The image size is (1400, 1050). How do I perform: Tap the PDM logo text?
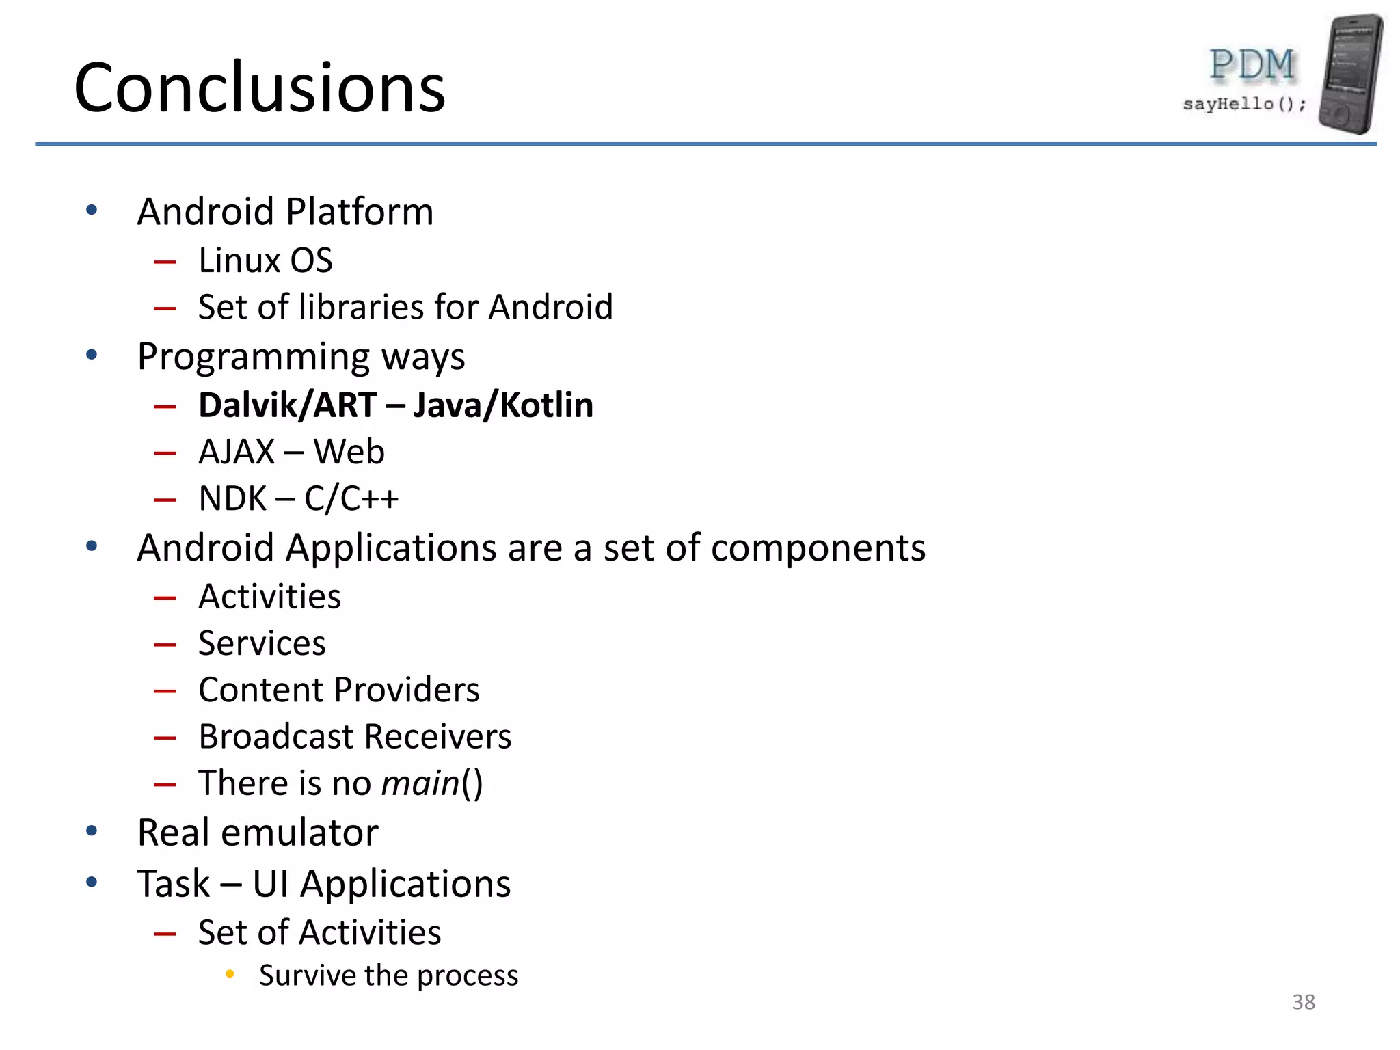[x=1252, y=65]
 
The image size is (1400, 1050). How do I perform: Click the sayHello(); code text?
[x=1243, y=104]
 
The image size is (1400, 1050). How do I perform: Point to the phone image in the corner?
[x=1350, y=73]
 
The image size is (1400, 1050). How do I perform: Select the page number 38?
[x=1303, y=1002]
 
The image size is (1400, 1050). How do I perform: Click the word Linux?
[x=239, y=260]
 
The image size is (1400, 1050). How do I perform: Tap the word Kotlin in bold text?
[x=546, y=405]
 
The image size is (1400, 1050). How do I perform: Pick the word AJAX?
[x=236, y=452]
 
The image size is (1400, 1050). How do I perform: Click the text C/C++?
[x=351, y=498]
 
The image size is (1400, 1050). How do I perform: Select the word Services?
[x=262, y=643]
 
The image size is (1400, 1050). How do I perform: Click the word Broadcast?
[x=275, y=736]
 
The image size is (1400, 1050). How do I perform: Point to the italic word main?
[x=420, y=783]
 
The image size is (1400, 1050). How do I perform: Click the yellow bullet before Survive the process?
[x=230, y=974]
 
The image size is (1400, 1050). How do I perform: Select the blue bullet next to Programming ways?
[x=92, y=355]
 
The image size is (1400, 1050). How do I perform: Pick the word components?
[x=818, y=548]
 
